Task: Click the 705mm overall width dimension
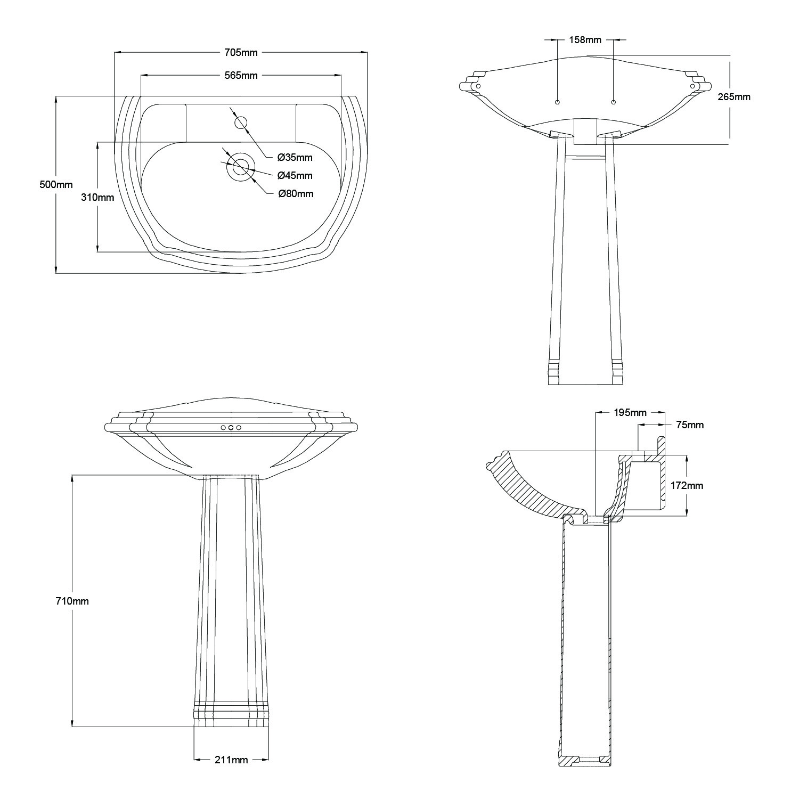(241, 52)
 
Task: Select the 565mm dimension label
(241, 75)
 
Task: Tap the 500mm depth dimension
(56, 185)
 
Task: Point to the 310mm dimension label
(97, 197)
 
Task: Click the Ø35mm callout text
(295, 157)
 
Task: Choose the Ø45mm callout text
(295, 175)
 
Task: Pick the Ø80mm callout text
(296, 193)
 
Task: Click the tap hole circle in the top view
(241, 122)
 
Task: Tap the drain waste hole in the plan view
(240, 166)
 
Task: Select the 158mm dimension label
(585, 39)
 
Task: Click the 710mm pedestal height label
(72, 601)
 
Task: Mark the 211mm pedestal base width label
(231, 760)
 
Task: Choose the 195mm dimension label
(630, 412)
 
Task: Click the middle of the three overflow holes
(231, 428)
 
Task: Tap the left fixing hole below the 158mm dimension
(557, 102)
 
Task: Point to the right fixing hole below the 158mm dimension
(613, 102)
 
